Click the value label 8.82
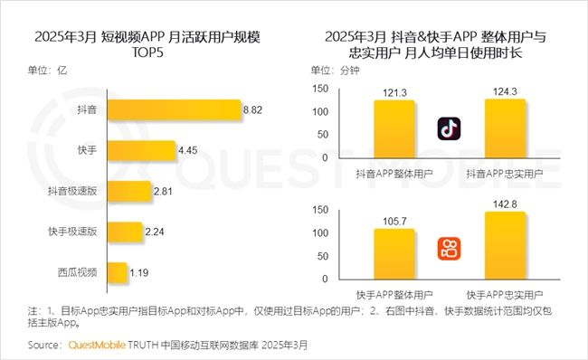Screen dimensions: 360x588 click(x=254, y=110)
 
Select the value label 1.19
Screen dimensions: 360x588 click(x=139, y=271)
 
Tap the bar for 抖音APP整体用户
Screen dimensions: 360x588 click(x=394, y=129)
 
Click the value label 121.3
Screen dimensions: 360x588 click(x=394, y=92)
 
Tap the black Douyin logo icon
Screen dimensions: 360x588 click(x=450, y=129)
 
